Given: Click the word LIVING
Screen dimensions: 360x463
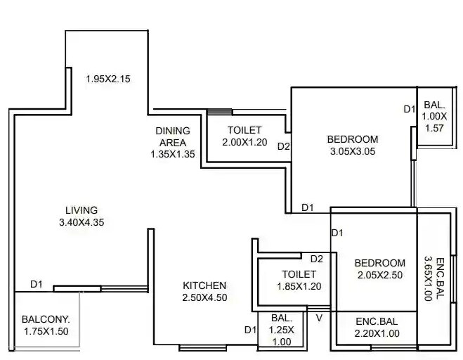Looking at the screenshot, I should [x=81, y=210].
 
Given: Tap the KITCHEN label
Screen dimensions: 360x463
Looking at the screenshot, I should [x=204, y=285].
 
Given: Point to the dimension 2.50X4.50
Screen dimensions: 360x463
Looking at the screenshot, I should [x=204, y=297].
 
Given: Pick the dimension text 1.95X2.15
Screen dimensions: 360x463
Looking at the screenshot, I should [x=107, y=79].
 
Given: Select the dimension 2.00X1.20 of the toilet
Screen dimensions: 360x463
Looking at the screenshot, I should [x=244, y=142].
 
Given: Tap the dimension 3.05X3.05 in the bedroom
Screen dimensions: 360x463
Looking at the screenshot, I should [x=353, y=150].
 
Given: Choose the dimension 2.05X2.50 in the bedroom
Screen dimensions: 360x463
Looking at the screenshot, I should [x=379, y=275].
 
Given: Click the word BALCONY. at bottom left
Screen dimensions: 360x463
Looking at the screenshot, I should [x=45, y=318].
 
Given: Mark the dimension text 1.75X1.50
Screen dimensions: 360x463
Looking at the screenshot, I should [x=45, y=330].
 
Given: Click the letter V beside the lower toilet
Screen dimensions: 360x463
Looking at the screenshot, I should [x=319, y=318].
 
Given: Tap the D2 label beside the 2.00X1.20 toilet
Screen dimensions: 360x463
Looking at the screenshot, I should [x=284, y=147].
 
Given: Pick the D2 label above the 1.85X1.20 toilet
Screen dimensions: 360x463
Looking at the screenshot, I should [x=316, y=259].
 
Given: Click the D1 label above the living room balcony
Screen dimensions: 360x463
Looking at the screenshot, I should [x=37, y=284].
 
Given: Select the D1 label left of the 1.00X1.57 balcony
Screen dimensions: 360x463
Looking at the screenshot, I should [x=410, y=109].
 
